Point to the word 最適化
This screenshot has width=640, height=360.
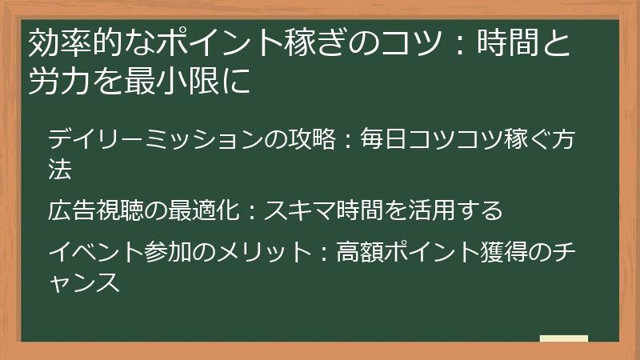point(204,211)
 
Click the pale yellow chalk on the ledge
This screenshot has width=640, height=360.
point(563,338)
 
